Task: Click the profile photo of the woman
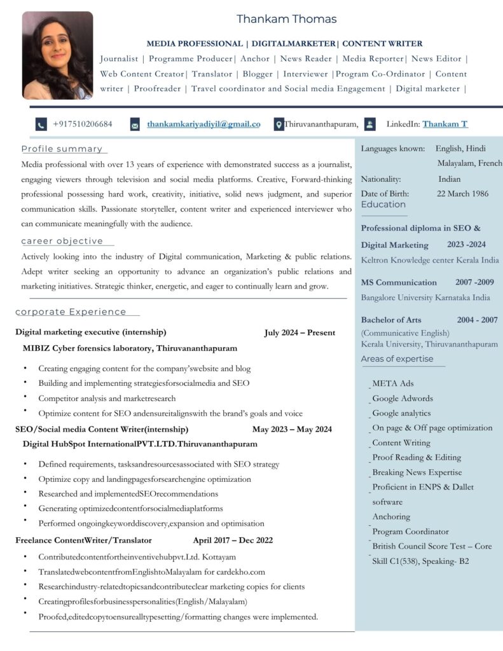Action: click(x=57, y=55)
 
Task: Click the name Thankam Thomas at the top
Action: click(x=286, y=19)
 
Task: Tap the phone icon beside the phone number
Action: click(x=41, y=125)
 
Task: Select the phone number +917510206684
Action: click(x=83, y=124)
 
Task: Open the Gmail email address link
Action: click(x=203, y=124)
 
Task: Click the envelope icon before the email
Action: click(x=135, y=125)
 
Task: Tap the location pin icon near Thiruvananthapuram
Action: click(x=279, y=125)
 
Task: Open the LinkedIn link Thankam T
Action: click(x=444, y=124)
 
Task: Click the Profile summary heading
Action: click(x=62, y=149)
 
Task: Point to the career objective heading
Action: click(x=62, y=241)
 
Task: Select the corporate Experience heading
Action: click(x=71, y=312)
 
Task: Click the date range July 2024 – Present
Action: click(x=300, y=332)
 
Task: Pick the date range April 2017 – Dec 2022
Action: click(x=233, y=540)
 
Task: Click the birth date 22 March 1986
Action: click(x=462, y=193)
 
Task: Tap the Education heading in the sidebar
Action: click(x=383, y=204)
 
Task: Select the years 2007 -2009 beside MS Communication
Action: click(x=474, y=282)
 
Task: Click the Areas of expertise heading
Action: click(x=397, y=359)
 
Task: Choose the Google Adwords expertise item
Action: click(x=403, y=399)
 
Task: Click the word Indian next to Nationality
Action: click(x=449, y=179)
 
